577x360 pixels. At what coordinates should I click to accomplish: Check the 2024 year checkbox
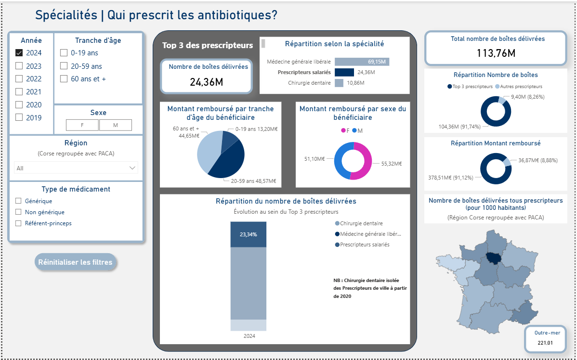click(19, 53)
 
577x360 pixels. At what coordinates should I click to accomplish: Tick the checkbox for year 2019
click(19, 117)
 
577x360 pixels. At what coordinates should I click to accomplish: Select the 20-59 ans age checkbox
click(64, 66)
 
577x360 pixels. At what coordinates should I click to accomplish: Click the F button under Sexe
click(82, 125)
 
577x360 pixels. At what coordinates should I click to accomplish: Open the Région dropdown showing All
click(76, 168)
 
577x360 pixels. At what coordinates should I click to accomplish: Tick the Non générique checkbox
click(18, 212)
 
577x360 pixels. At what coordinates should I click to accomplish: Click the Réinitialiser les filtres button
click(75, 262)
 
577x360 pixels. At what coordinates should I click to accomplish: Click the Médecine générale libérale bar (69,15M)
click(361, 62)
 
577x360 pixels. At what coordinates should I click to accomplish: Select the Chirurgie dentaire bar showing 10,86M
click(339, 83)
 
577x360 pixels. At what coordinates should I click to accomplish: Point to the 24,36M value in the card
click(206, 82)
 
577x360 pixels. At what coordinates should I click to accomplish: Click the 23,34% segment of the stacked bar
click(248, 234)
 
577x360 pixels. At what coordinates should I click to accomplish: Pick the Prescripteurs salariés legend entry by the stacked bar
click(364, 244)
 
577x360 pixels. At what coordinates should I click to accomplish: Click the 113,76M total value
click(496, 53)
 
